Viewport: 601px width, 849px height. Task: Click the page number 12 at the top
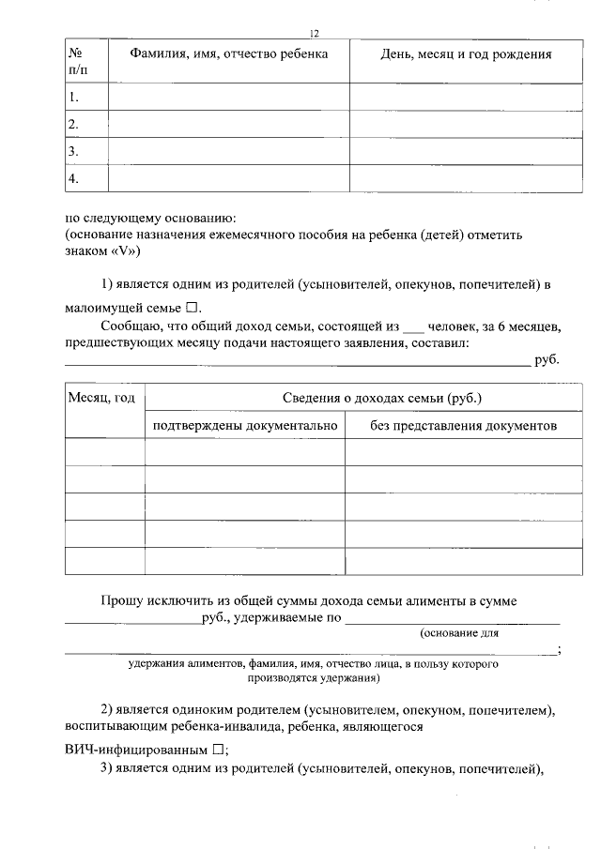315,33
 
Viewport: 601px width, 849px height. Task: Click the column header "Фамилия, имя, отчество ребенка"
228,54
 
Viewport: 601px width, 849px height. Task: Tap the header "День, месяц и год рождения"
465,54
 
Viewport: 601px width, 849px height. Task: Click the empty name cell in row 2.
228,124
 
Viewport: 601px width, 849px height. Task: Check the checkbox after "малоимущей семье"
192,308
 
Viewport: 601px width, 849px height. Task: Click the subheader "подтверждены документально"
244,426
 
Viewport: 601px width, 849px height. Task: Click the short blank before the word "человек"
413,327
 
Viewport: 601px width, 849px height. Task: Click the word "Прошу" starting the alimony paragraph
121,601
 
